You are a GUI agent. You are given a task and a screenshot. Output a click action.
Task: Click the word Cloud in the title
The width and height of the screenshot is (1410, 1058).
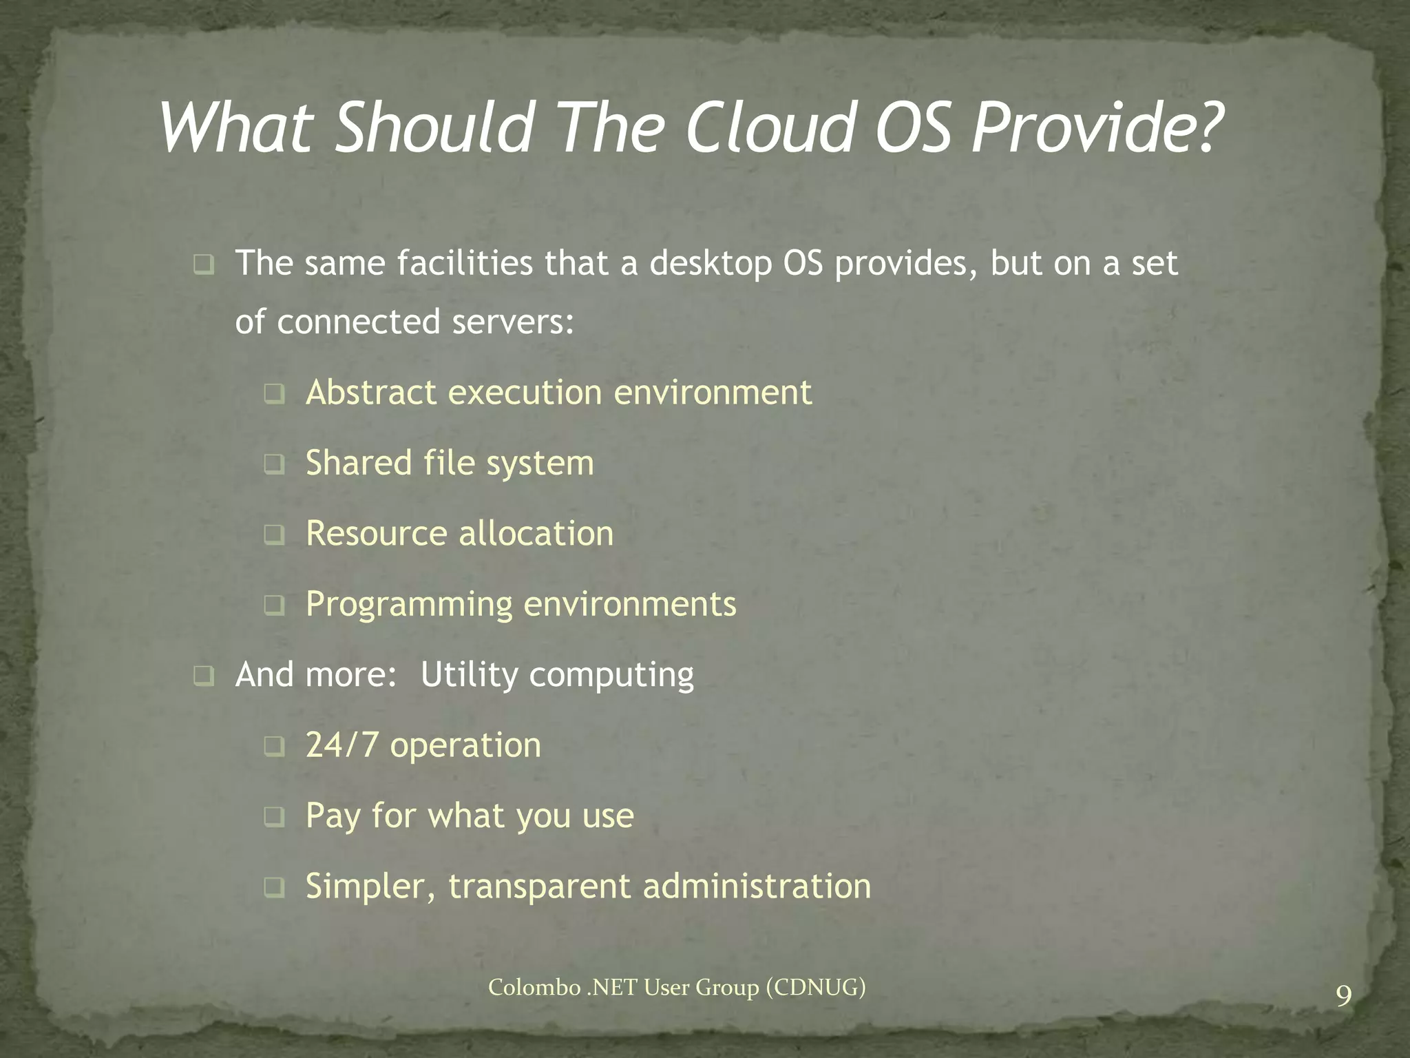click(769, 128)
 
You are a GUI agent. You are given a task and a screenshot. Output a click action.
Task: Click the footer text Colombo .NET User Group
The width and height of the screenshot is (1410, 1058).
click(676, 988)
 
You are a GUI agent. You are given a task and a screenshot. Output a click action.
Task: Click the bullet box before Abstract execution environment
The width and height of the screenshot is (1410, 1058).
click(274, 395)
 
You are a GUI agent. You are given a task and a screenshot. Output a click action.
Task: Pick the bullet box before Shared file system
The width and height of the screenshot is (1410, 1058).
click(274, 465)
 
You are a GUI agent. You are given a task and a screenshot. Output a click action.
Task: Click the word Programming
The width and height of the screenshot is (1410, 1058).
click(409, 605)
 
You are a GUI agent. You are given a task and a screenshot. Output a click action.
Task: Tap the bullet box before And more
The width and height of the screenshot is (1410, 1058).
click(204, 676)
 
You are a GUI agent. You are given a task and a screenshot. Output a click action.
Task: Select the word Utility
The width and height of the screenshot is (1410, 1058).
click(469, 674)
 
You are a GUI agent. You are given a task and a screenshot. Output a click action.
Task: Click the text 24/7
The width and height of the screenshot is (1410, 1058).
click(341, 745)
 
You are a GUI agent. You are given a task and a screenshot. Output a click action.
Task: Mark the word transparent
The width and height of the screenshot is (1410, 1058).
click(539, 886)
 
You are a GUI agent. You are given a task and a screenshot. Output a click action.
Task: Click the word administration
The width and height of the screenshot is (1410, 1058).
click(757, 886)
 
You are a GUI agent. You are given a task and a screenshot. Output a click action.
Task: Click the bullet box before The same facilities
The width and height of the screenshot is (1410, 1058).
click(204, 265)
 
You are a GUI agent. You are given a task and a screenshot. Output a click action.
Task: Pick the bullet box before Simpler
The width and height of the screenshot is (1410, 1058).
click(274, 888)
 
